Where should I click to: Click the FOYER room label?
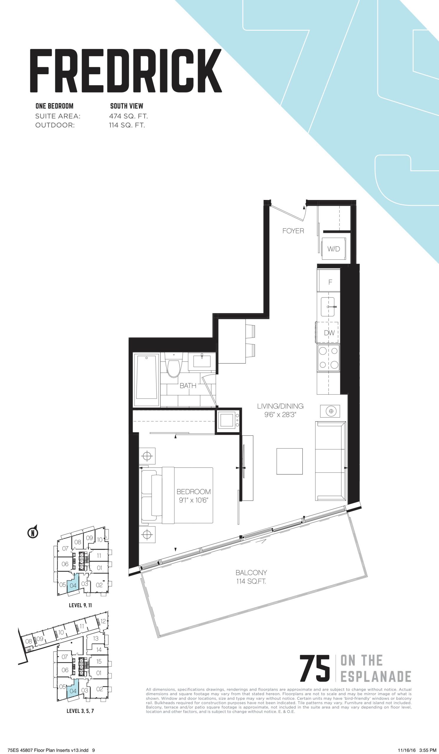coord(293,231)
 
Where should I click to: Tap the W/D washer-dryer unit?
coord(333,249)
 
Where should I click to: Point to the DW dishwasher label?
coord(329,333)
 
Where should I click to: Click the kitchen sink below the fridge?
coord(330,307)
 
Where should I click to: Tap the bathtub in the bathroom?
coord(147,380)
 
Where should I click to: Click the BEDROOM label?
coord(193,491)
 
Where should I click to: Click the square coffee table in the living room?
coord(289,461)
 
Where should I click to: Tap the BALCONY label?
coord(251,573)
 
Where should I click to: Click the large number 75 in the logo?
coord(315,667)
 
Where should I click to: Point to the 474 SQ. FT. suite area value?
coord(129,116)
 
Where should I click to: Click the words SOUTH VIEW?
coord(127,106)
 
